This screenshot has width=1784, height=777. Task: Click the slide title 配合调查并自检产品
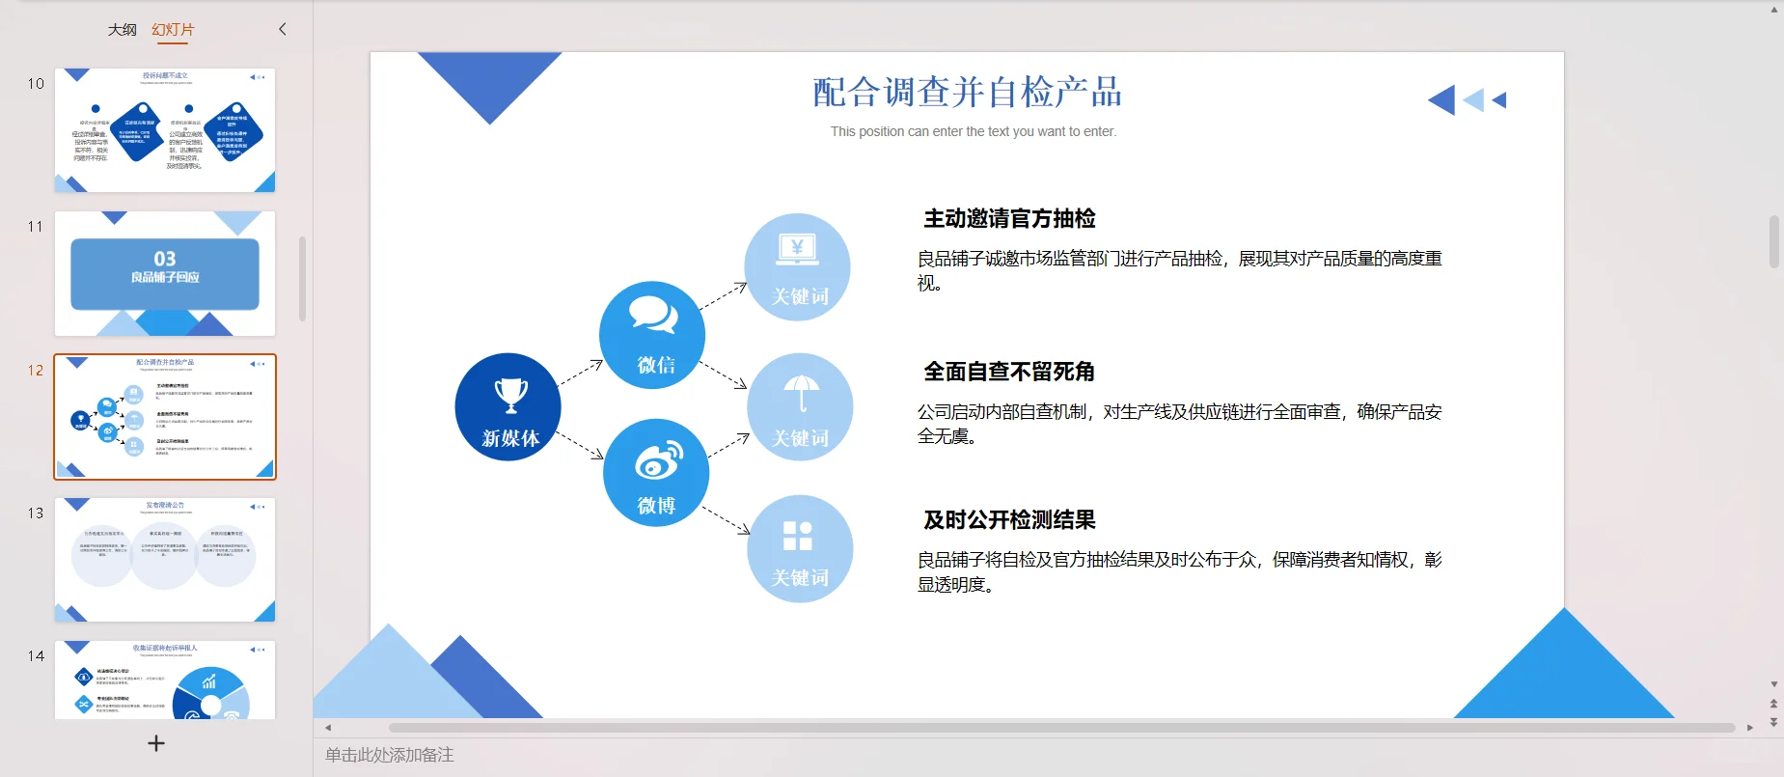967,93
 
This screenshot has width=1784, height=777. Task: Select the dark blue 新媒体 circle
508,407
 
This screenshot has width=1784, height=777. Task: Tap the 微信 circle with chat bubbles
652,336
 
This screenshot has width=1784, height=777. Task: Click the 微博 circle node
656,473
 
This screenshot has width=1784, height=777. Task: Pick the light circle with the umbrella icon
800,406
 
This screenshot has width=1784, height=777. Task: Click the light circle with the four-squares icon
800,548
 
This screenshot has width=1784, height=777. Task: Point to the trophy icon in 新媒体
510,394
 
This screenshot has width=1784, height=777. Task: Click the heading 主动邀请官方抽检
1009,219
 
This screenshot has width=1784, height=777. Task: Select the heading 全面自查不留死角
1008,372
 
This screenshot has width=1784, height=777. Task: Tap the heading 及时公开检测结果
1009,520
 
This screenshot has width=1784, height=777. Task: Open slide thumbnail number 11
165,274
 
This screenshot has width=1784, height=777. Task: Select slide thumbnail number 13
165,560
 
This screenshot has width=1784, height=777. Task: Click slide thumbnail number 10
165,130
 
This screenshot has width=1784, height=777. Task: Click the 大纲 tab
123,30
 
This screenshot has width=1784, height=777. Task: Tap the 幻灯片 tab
173,30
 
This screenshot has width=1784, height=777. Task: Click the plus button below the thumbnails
156,743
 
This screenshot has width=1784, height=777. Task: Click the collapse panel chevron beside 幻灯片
283,29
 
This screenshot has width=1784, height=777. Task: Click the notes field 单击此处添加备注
390,755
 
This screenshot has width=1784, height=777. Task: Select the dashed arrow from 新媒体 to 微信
581,373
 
